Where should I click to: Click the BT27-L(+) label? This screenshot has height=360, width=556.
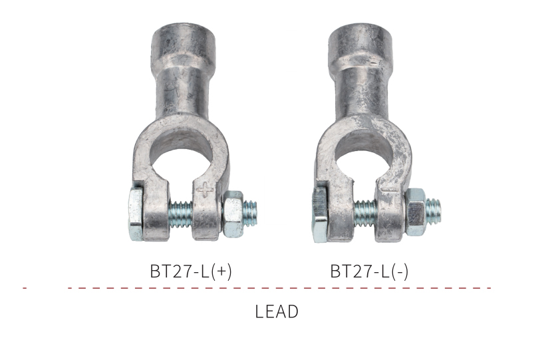[191, 271]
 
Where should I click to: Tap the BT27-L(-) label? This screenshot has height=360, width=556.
[369, 271]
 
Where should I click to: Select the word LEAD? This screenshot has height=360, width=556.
[277, 311]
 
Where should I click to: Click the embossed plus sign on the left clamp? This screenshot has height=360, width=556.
[206, 190]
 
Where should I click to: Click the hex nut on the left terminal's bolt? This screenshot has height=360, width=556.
[233, 214]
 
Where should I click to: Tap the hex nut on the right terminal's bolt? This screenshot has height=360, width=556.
[415, 212]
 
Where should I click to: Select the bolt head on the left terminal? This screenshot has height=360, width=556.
[136, 214]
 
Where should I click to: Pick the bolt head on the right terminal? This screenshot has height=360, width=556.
[319, 214]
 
